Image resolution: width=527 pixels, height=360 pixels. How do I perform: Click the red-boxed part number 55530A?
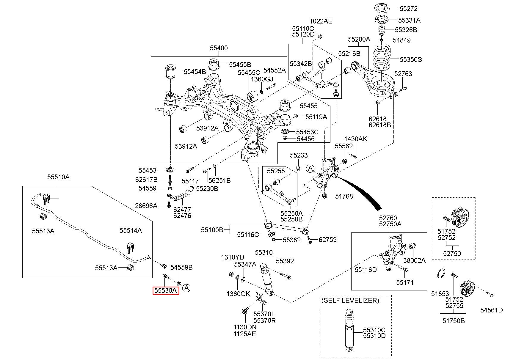coord(166,290)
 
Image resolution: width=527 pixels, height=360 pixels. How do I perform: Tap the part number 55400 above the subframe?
coord(219,48)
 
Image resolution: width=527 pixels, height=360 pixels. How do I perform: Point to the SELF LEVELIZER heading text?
coord(350,300)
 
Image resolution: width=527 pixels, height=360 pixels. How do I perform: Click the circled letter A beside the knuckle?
coord(310,169)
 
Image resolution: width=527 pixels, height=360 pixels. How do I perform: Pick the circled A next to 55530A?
coord(186,288)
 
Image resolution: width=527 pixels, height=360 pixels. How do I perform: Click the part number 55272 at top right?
coord(408,9)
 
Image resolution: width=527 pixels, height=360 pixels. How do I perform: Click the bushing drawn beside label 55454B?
coord(171,71)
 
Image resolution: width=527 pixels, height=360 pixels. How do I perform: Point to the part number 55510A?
coord(58,177)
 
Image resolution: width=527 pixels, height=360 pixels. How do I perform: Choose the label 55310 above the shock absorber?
coord(263,253)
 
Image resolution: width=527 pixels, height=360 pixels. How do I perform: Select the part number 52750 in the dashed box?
coord(452,254)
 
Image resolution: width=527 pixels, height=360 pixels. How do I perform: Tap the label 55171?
coord(405,282)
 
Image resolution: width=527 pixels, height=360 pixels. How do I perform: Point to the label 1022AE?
coord(321,21)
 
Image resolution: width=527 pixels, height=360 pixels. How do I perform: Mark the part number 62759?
coord(327,240)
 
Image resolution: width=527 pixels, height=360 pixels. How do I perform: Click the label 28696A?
coord(146,205)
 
